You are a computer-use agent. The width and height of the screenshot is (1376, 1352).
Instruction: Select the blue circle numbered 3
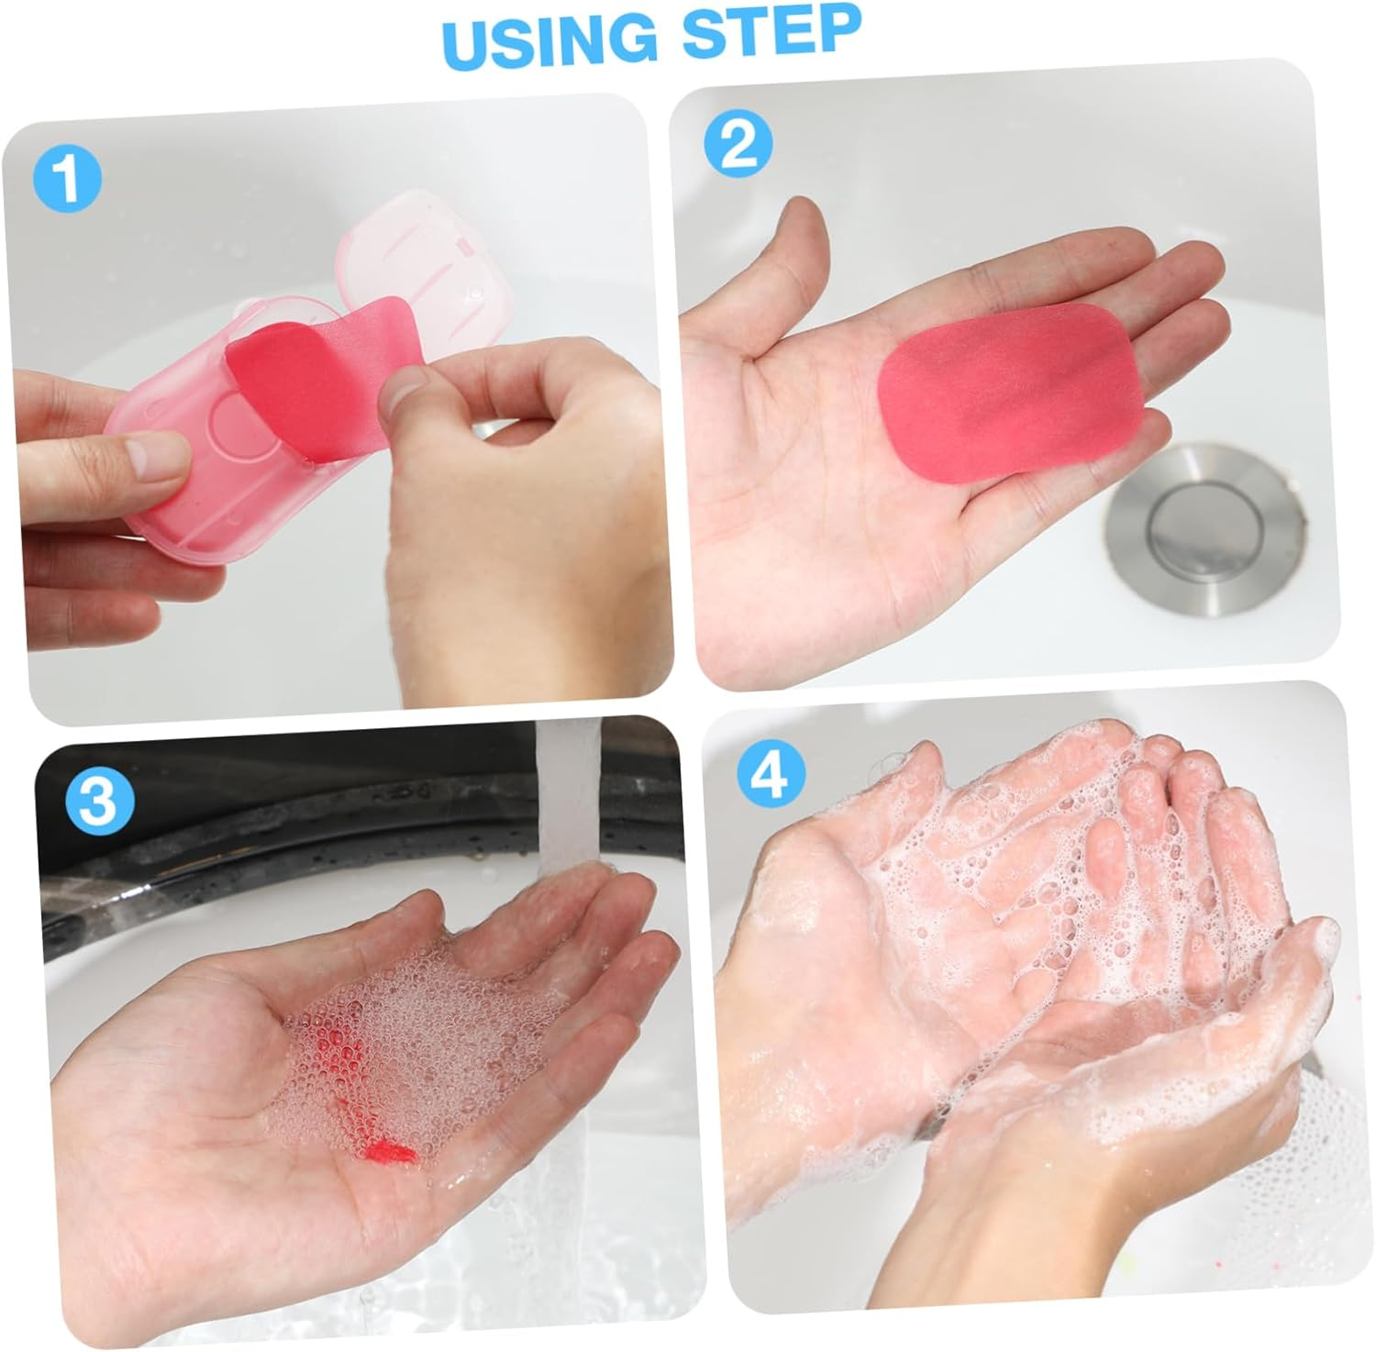(x=99, y=799)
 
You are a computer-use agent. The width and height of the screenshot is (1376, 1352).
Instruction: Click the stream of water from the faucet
(x=567, y=807)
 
